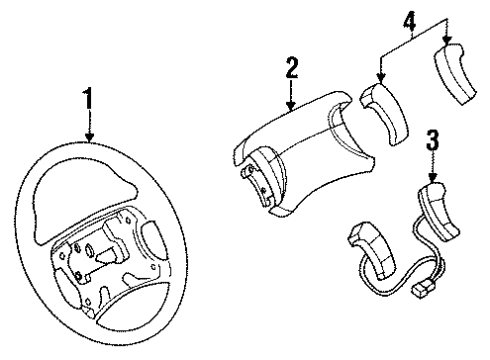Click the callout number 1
point(90,100)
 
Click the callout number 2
point(291,68)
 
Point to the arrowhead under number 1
point(90,140)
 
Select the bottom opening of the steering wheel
point(129,311)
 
